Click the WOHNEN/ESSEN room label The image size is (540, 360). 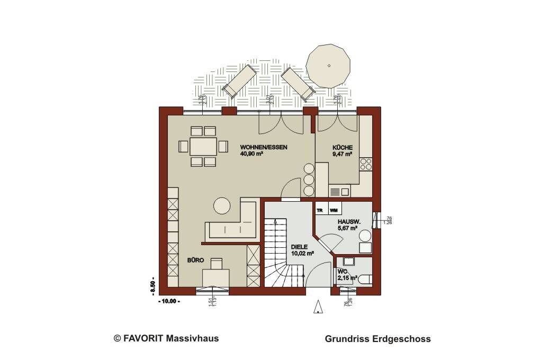tap(263, 147)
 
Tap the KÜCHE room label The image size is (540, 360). tap(343, 147)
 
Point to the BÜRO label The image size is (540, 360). tap(195, 260)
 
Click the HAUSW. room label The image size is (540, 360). tap(349, 221)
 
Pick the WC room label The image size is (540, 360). tap(343, 272)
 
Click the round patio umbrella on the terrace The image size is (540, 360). tap(329, 66)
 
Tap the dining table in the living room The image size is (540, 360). tap(203, 146)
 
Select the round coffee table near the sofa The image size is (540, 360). tap(222, 205)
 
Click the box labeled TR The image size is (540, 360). tap(320, 211)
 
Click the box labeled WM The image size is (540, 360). tap(334, 211)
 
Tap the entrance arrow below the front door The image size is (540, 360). tap(318, 307)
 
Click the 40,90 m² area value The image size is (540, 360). tap(252, 155)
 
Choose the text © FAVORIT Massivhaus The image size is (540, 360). tap(166, 338)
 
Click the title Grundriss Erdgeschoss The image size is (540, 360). tap(377, 339)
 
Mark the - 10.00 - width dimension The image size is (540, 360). tap(169, 301)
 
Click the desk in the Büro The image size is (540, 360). tap(215, 276)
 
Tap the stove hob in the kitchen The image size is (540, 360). tap(365, 164)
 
